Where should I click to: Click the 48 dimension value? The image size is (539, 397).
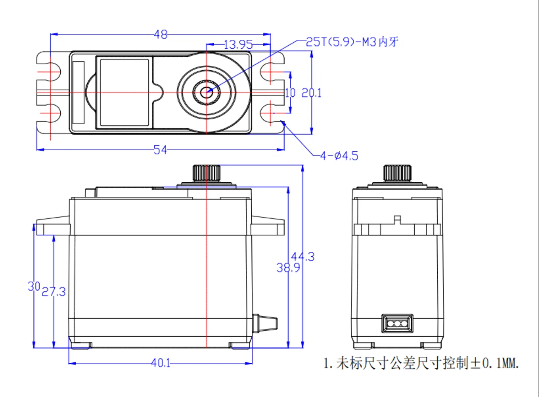(161, 35)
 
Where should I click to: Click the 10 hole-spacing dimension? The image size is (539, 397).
(290, 93)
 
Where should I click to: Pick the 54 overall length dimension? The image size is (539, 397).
(161, 149)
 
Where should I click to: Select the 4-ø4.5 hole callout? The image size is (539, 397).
(339, 156)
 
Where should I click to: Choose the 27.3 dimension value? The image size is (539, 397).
(53, 292)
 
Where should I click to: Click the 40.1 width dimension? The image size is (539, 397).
(161, 363)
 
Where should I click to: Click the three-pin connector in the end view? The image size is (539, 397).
(398, 323)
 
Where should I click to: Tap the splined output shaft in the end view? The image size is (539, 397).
(398, 172)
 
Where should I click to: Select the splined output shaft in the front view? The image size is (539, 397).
(206, 172)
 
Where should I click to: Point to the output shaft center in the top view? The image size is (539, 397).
(207, 91)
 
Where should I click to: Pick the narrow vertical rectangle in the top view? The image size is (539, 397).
(79, 92)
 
